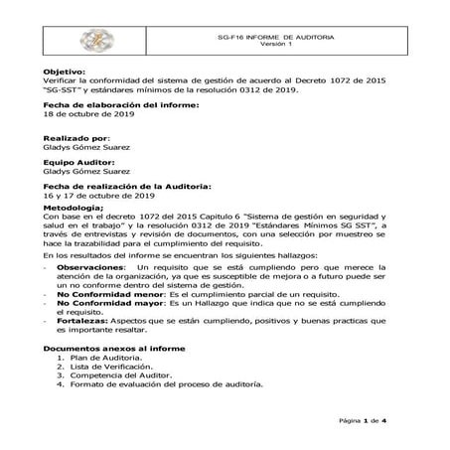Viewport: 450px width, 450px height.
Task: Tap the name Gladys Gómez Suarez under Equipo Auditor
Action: [x=88, y=171]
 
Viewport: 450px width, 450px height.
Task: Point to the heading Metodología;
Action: [x=75, y=208]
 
